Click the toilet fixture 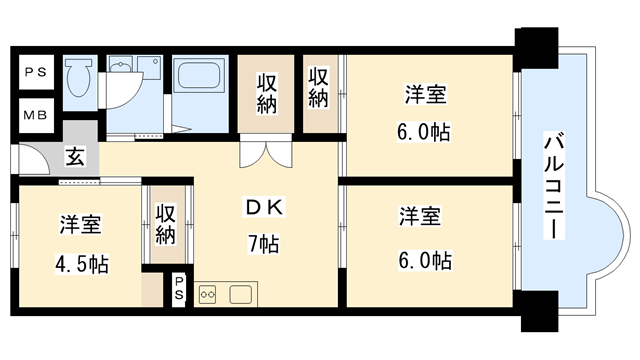pos(79,78)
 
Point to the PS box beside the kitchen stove pos(179,287)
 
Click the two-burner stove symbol pos(209,293)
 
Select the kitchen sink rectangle pos(241,293)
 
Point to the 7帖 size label pos(264,244)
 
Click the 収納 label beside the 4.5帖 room pos(165,224)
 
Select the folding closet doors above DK pos(266,153)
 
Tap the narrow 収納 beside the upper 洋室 pos(319,88)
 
